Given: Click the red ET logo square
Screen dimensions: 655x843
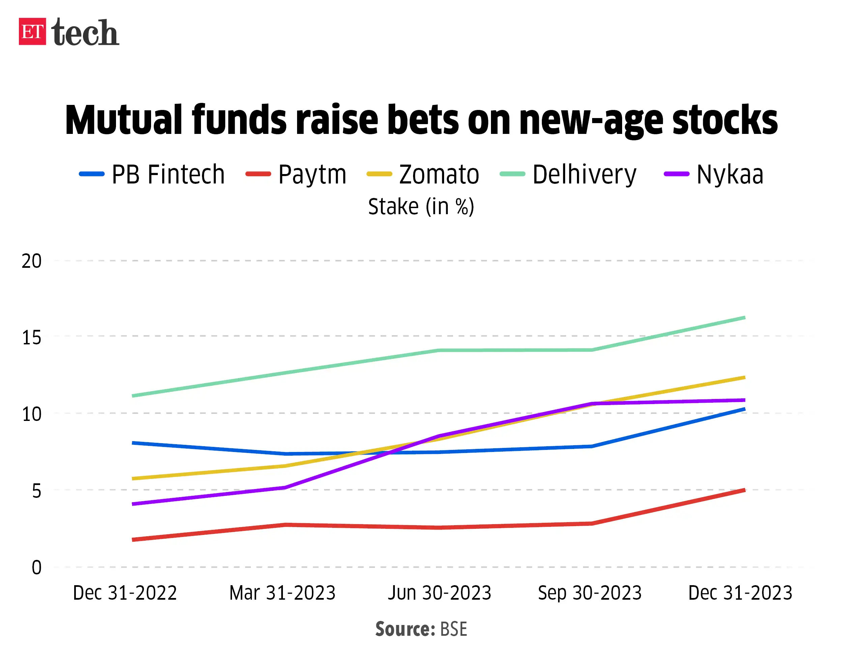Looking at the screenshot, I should point(32,32).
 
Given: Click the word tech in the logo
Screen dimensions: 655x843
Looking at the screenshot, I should point(85,33).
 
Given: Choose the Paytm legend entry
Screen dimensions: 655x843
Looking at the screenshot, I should point(296,174).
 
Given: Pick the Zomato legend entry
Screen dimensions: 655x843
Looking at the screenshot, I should point(423,174).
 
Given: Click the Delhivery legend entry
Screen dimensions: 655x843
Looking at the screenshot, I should point(568,174).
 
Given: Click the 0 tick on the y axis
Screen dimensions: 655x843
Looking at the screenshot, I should point(36,567).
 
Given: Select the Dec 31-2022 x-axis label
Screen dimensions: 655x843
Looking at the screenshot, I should point(125,593).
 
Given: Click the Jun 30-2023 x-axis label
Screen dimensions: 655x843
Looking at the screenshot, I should point(439,593).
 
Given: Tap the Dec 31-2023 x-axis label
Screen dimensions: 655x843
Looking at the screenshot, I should point(740,593).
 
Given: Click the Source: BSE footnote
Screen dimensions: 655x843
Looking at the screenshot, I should point(421,629).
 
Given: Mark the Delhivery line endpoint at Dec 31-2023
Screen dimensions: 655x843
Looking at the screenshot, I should point(744,318).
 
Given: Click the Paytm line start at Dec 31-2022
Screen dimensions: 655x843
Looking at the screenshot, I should point(133,540).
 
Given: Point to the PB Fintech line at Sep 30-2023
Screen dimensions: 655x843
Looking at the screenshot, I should point(591,446).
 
